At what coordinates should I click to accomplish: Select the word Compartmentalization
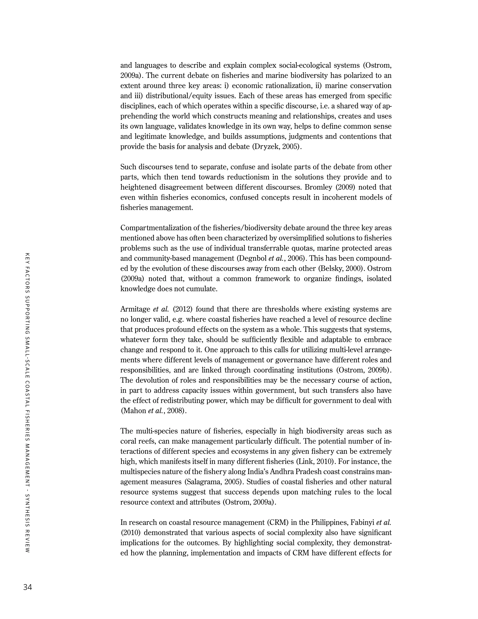pos(157,228)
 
